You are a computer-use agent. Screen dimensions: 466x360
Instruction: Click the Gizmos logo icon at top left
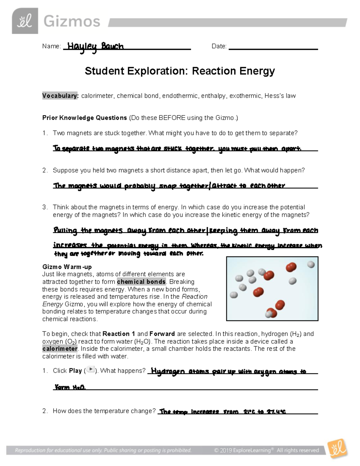pos(25,21)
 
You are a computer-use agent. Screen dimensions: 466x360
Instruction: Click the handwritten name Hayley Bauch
pos(95,47)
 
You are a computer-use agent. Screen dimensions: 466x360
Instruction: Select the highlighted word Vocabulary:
pos(60,96)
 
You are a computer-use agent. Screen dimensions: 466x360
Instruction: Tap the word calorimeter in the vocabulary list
pos(97,96)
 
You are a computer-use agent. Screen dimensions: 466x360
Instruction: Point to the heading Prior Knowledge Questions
pos(85,118)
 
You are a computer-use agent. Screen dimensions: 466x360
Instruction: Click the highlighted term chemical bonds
pos(141,282)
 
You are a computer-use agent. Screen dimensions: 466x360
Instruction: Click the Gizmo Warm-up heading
pos(67,267)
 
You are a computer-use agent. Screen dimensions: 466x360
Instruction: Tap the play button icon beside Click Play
pos(91,370)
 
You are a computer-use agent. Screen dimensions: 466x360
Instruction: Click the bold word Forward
pos(162,334)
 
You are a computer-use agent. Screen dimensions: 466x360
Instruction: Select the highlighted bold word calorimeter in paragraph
pos(60,349)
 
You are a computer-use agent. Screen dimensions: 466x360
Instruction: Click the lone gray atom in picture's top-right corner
pos(311,264)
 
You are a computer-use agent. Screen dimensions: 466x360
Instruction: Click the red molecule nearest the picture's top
pos(291,267)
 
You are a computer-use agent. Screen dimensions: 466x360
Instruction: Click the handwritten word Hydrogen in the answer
pos(168,371)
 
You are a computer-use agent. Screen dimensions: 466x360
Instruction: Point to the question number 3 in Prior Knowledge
pos(45,207)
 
